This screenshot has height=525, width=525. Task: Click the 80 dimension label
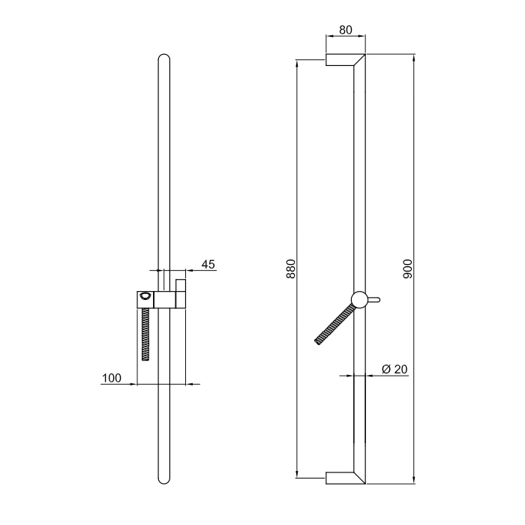click(346, 30)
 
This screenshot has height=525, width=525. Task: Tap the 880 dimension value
click(291, 268)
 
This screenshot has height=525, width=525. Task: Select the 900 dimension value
click(408, 268)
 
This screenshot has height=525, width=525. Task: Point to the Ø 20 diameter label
click(394, 369)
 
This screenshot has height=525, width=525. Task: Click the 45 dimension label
click(208, 265)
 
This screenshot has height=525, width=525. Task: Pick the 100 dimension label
click(112, 378)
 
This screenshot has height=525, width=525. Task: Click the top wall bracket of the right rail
click(345, 59)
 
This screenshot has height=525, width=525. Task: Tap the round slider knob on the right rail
click(359, 299)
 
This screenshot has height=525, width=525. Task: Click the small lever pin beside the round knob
click(373, 300)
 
